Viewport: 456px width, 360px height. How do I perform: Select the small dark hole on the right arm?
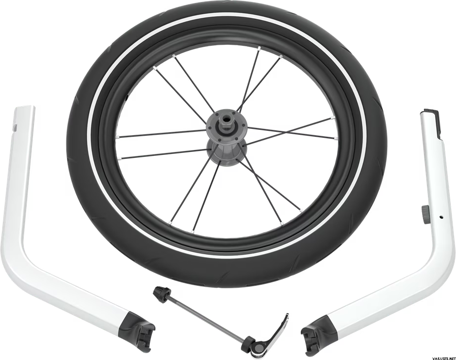click(x=441, y=217)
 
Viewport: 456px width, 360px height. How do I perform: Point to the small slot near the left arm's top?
click(x=16, y=126)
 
